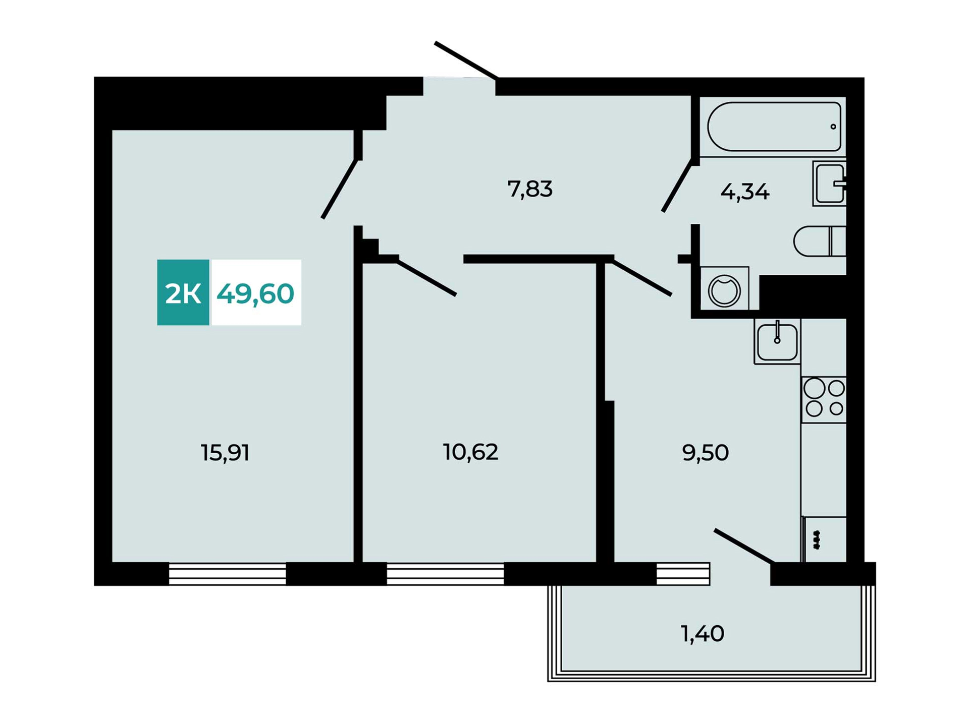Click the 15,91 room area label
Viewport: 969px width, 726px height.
point(225,453)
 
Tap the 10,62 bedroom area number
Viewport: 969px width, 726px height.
point(470,452)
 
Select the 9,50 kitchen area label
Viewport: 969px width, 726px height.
point(705,453)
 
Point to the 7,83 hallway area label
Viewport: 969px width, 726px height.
point(530,189)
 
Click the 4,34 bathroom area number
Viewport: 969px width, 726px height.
point(745,192)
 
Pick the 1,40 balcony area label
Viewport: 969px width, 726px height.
point(703,633)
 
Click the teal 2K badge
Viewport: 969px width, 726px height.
point(183,292)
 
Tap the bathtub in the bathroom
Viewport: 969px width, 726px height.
point(774,127)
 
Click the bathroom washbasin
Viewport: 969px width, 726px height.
point(829,184)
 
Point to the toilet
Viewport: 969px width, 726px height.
point(820,241)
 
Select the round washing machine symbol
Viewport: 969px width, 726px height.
point(724,291)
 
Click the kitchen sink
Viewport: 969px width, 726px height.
point(777,341)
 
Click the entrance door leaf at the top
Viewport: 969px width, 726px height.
point(467,60)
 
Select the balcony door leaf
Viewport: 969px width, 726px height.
point(744,546)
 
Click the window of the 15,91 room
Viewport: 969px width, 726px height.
point(227,574)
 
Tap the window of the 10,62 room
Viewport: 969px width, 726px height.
point(445,574)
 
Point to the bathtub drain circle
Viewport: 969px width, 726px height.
point(833,127)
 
